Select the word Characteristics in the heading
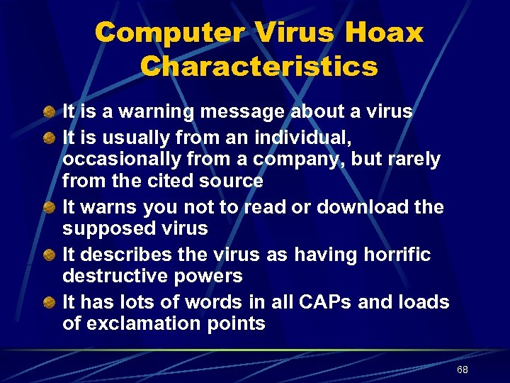pyautogui.click(x=259, y=67)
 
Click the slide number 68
pyautogui.click(x=463, y=370)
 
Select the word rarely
pyautogui.click(x=409, y=160)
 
